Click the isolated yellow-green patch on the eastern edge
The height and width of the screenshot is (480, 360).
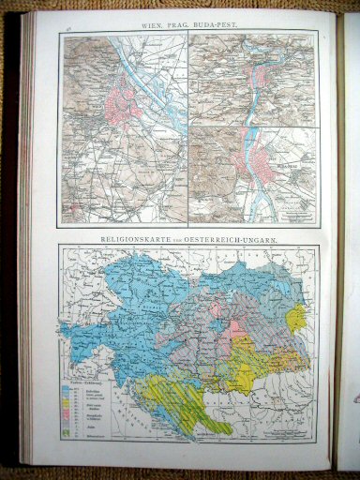tap(295, 320)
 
